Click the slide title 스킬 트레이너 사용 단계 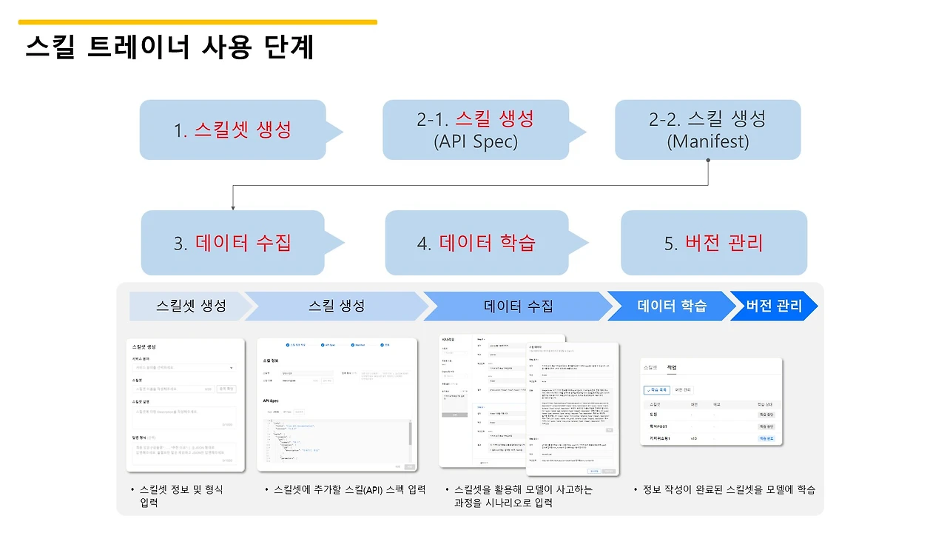point(169,47)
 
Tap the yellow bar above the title point(198,22)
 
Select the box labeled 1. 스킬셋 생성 point(233,130)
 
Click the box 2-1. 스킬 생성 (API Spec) point(476,130)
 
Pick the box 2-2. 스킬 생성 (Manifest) point(707,130)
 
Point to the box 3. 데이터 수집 point(233,243)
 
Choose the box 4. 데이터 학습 point(477,243)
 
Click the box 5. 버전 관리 point(713,243)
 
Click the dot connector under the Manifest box point(708,160)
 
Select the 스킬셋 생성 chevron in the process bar point(191,306)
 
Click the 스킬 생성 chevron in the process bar point(337,306)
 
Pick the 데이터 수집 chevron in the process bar point(518,306)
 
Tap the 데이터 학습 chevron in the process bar point(672,306)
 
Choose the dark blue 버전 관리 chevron point(774,306)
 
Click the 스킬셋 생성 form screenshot point(185,405)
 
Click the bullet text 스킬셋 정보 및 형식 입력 point(182,496)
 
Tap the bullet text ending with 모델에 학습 point(729,489)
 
